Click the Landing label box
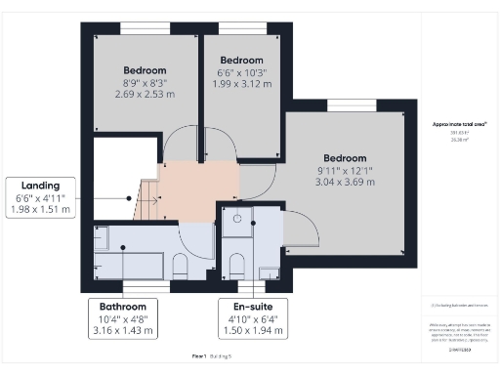(x=40, y=196)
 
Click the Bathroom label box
(x=122, y=318)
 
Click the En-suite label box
(x=252, y=318)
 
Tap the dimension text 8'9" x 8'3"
(x=145, y=83)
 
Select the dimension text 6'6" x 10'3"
(x=242, y=71)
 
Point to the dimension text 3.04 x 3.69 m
(x=345, y=183)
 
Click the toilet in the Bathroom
(x=180, y=266)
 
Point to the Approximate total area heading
(x=459, y=124)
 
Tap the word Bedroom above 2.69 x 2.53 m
(x=145, y=70)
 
